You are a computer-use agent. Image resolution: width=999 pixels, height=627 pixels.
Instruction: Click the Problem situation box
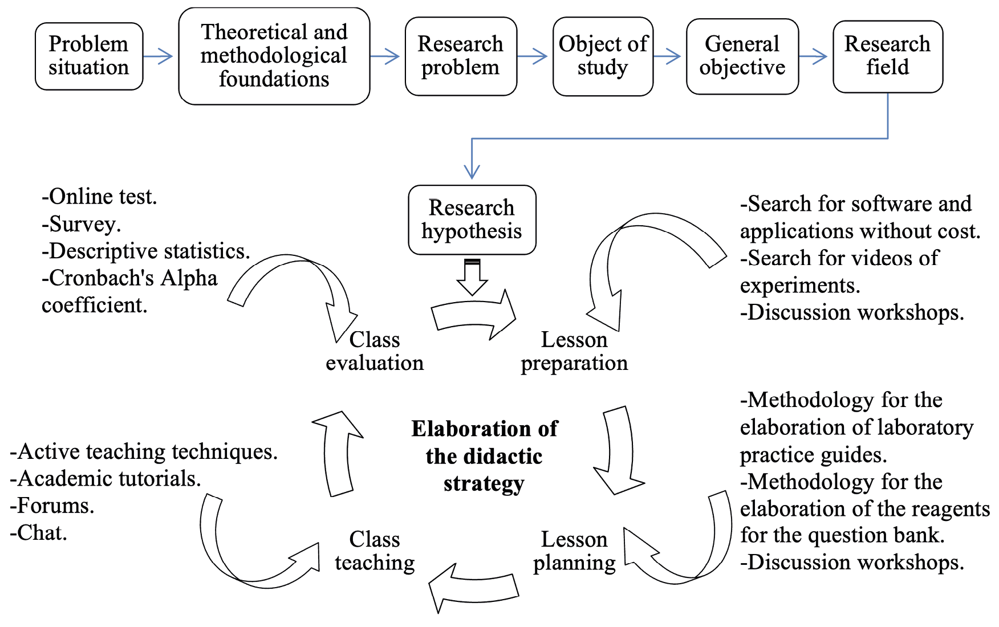(89, 56)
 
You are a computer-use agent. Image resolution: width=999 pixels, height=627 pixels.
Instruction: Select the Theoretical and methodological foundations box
(274, 56)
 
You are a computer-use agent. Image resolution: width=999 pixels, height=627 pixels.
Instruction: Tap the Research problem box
(461, 56)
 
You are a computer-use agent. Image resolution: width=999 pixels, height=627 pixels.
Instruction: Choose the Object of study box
(603, 56)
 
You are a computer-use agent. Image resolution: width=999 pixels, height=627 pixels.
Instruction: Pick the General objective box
(742, 56)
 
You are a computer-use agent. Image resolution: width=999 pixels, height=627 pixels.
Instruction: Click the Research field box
(887, 56)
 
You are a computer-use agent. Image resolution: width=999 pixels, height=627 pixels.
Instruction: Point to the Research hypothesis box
(472, 219)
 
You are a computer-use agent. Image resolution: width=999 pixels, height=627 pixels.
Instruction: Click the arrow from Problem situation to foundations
(158, 56)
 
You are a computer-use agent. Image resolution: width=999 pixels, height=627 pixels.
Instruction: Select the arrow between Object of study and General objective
(667, 56)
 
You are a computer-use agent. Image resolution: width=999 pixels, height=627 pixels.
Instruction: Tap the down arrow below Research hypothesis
(472, 278)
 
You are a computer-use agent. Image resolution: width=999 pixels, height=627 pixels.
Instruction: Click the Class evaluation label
(375, 351)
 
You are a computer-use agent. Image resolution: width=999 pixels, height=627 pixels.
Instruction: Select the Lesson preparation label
(574, 351)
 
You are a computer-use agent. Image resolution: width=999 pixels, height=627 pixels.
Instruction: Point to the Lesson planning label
(574, 551)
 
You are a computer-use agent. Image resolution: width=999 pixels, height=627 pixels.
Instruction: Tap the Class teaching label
(375, 551)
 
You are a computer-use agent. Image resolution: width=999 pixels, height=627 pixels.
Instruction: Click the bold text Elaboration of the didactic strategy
(484, 456)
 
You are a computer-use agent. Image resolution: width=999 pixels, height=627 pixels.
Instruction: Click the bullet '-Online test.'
(99, 197)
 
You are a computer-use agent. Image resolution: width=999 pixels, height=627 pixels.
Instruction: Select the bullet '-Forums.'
(52, 506)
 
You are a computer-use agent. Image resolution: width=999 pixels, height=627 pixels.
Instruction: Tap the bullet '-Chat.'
(39, 532)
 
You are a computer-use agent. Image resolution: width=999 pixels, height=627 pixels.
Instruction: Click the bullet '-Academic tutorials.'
(105, 479)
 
